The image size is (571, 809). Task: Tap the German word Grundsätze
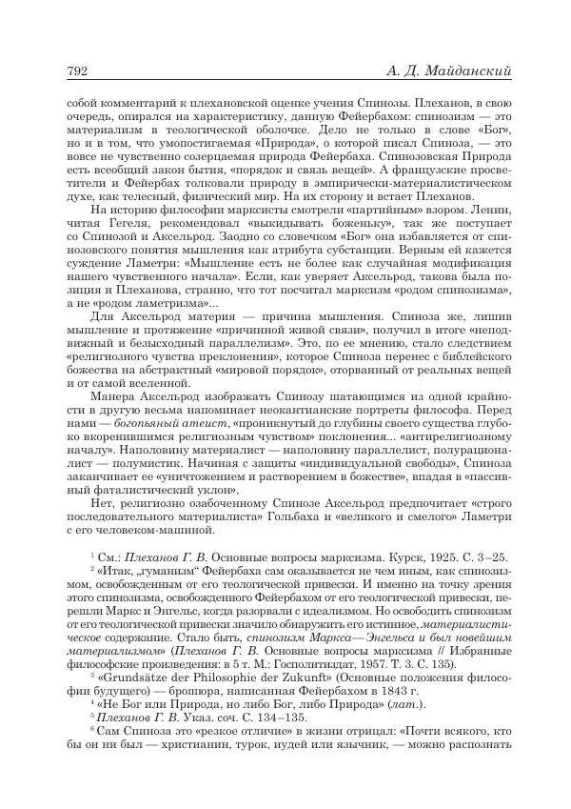click(x=139, y=704)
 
